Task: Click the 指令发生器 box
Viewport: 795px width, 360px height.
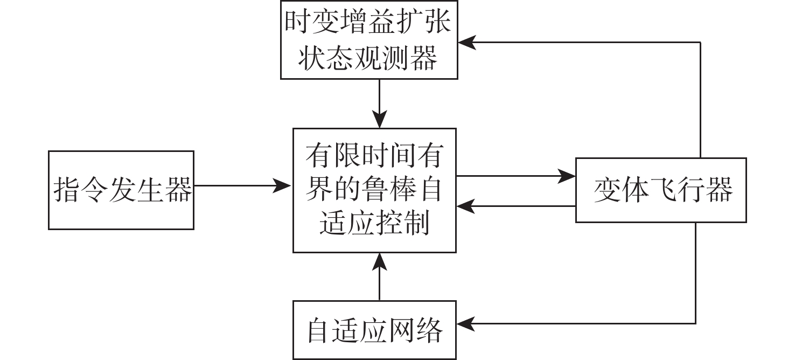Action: pyautogui.click(x=121, y=190)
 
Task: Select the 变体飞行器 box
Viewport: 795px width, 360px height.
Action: pyautogui.click(x=661, y=190)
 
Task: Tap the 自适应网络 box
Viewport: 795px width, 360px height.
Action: pyautogui.click(x=374, y=330)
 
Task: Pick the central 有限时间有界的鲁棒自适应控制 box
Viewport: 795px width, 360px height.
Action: pyautogui.click(x=374, y=190)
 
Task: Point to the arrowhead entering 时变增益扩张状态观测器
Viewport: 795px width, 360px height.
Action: pyautogui.click(x=466, y=41)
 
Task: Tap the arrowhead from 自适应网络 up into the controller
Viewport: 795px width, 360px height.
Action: pyautogui.click(x=380, y=262)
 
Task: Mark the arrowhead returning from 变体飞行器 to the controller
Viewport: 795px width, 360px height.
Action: pyautogui.click(x=465, y=205)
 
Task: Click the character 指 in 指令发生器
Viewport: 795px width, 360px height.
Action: pyautogui.click(x=67, y=190)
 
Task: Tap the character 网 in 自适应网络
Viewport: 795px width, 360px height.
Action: pyautogui.click(x=402, y=330)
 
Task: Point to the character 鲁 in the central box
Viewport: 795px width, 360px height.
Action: pyautogui.click(x=374, y=190)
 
